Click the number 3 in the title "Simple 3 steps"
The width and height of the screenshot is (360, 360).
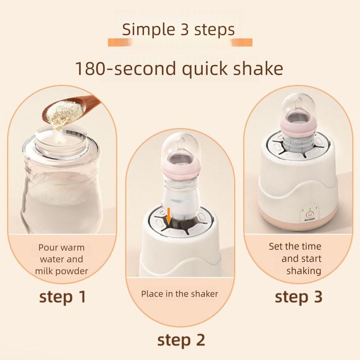[184, 30]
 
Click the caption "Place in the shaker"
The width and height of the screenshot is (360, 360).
[180, 294]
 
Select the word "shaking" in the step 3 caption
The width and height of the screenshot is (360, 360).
[303, 271]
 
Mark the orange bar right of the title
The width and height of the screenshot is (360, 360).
[242, 43]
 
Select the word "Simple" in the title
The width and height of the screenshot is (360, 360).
[145, 30]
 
